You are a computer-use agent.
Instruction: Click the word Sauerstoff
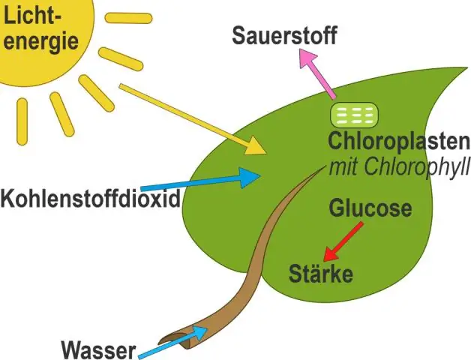point(284,35)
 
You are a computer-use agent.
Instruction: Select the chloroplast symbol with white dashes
point(355,115)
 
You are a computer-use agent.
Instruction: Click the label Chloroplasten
point(398,141)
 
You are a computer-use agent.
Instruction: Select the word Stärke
point(320,273)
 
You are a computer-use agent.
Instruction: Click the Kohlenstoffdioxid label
point(91,199)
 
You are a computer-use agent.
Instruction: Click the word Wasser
point(99,349)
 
